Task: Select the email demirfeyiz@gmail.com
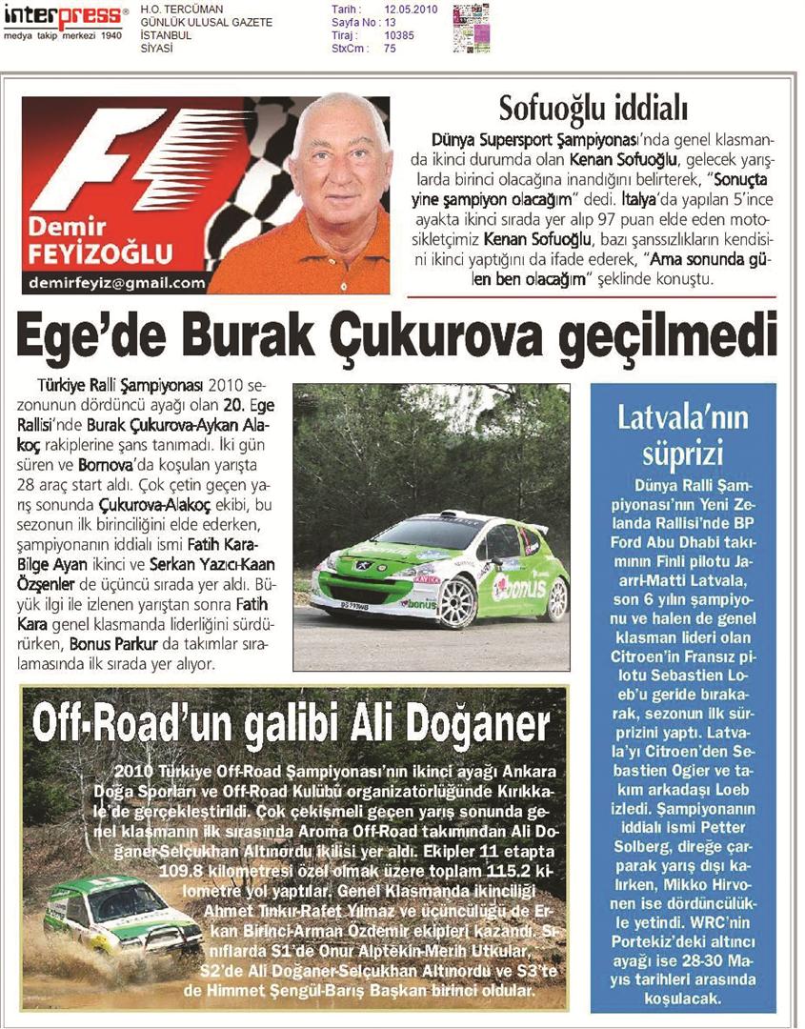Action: click(116, 283)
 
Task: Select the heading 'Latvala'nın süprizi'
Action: click(683, 434)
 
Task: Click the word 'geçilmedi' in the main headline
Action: click(682, 340)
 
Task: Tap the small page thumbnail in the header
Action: click(472, 28)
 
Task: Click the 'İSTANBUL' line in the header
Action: click(166, 35)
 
